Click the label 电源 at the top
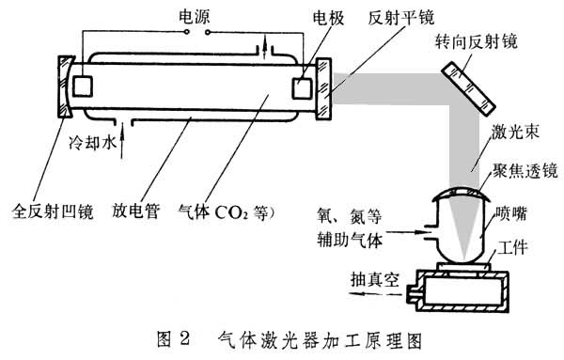195,17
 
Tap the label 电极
328,18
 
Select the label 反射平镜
400,17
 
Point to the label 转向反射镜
476,41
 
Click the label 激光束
515,132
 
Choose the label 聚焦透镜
525,170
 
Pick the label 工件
512,247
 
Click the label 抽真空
375,279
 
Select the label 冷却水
92,143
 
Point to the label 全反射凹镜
53,211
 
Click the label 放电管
135,211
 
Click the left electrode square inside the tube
83,86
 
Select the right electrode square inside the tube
302,88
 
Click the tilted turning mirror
468,89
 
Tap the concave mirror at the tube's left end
65,86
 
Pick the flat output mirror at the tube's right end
323,89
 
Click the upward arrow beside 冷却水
122,141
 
